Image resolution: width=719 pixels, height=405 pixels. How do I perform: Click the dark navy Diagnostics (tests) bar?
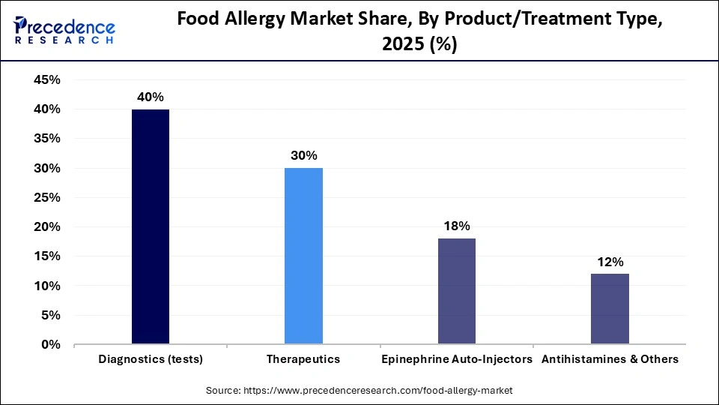[x=151, y=226]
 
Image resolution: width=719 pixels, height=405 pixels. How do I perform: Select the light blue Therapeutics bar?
[x=303, y=256]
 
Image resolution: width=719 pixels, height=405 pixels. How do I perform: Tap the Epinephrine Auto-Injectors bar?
[x=456, y=291]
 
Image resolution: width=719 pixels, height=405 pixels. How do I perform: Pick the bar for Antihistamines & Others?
[x=610, y=309]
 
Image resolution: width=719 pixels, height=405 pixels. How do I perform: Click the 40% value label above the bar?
[x=151, y=97]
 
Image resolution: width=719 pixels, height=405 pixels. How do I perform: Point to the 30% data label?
[x=303, y=155]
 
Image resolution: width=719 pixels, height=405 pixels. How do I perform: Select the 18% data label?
[x=456, y=226]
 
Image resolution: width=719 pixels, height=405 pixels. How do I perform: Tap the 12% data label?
[x=610, y=262]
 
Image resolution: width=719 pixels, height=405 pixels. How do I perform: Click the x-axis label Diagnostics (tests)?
[x=151, y=359]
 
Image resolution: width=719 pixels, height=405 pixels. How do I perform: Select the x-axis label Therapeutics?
[x=303, y=359]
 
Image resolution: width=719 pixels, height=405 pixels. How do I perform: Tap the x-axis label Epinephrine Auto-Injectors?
[x=456, y=359]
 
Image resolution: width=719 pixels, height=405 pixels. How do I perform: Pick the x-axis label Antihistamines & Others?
[x=610, y=359]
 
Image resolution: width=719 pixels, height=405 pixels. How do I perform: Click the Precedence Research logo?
[x=64, y=31]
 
